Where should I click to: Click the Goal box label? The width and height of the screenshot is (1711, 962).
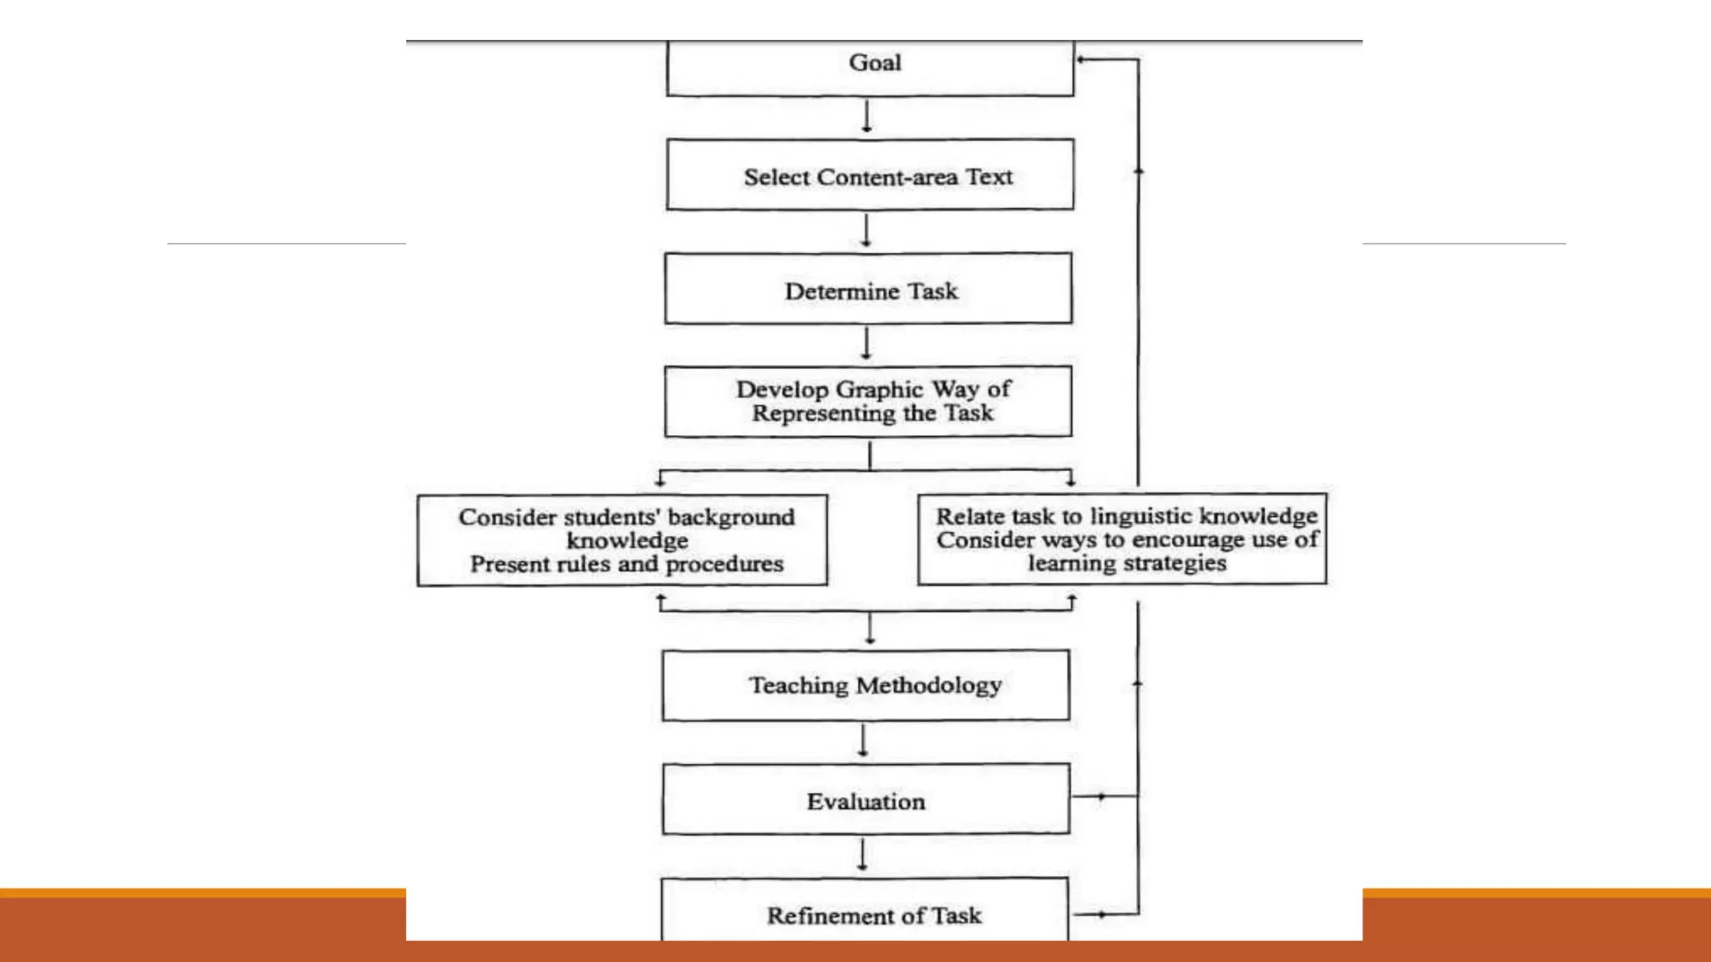tap(875, 63)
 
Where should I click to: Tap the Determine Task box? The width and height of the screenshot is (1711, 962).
tap(870, 291)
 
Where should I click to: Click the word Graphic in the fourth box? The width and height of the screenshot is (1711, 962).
tap(879, 389)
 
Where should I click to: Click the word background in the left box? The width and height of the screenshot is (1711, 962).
tap(731, 517)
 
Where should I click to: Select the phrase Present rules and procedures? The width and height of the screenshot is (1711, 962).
tap(627, 565)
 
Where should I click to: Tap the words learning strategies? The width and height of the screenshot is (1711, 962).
tap(1126, 563)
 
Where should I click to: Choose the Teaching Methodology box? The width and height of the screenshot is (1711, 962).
tap(874, 686)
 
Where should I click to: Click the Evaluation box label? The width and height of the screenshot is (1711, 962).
tap(866, 802)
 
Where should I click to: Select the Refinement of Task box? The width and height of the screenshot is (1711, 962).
tap(874, 916)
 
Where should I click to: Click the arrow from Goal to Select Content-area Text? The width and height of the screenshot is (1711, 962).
tap(866, 117)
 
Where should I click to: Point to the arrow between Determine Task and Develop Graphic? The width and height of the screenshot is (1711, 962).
tap(866, 343)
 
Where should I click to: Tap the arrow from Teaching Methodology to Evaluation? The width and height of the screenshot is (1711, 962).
tap(863, 741)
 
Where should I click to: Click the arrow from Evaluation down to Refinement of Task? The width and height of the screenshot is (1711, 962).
tap(862, 855)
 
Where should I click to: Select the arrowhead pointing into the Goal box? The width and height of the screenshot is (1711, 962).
tap(1082, 59)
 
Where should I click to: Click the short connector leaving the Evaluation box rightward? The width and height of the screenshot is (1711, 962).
tap(1102, 797)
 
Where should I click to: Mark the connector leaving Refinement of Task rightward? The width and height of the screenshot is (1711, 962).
tap(1102, 914)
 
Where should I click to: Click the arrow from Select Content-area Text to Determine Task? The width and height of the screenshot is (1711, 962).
tap(866, 230)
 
